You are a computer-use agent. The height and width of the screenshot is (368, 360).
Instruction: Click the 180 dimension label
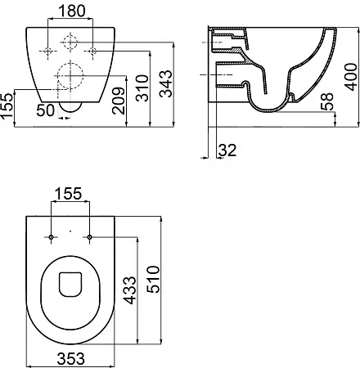(72, 11)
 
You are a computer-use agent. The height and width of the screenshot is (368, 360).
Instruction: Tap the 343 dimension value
(166, 83)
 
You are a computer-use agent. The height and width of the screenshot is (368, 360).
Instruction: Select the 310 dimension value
(142, 88)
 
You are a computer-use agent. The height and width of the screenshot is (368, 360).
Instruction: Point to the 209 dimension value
(119, 101)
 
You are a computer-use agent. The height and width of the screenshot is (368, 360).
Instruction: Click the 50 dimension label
(46, 110)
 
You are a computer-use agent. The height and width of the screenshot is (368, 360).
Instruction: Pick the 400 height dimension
(350, 77)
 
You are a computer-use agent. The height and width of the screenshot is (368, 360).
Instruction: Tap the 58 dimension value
(327, 101)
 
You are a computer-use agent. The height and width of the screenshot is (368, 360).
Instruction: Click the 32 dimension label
(227, 150)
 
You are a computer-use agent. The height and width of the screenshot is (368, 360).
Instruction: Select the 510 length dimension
(153, 280)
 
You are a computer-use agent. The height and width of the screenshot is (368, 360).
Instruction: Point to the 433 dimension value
(129, 290)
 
